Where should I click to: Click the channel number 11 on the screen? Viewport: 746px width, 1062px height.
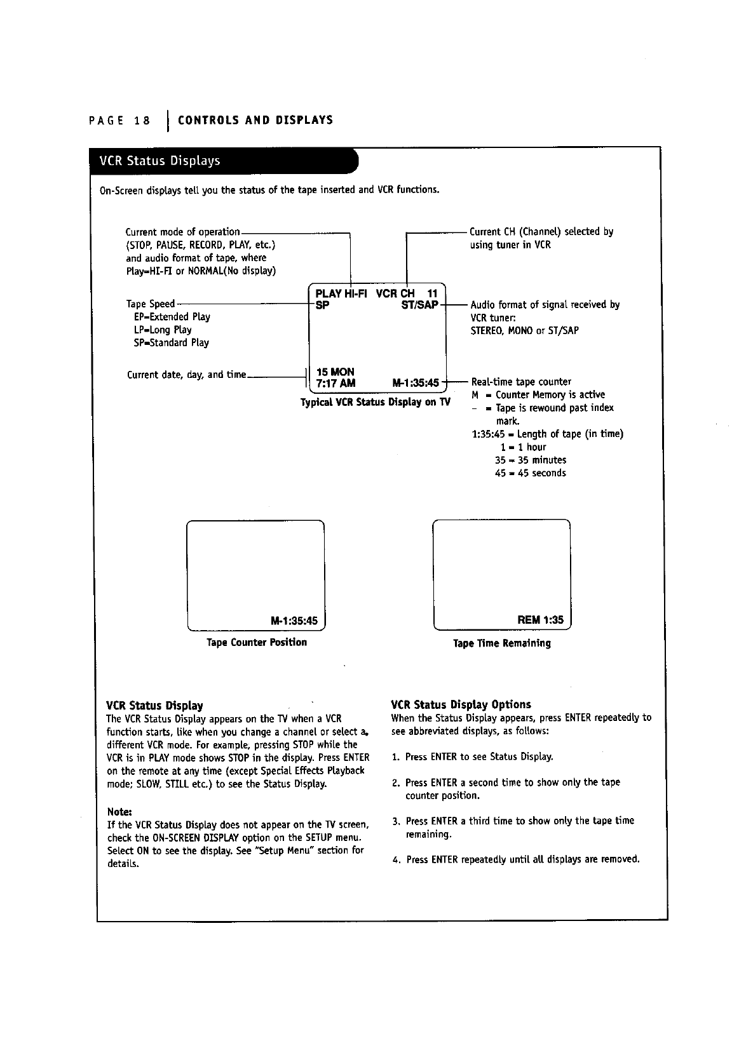(x=433, y=293)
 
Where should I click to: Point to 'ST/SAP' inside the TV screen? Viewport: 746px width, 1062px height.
(x=420, y=305)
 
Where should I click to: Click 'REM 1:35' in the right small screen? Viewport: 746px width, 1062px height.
(x=541, y=620)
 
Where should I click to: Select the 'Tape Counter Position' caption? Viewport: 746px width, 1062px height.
(x=257, y=642)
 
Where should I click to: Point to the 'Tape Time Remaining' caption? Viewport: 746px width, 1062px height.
(x=502, y=643)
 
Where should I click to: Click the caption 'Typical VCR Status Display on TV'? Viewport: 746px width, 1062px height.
(x=375, y=402)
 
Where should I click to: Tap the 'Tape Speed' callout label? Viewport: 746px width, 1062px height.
(x=150, y=304)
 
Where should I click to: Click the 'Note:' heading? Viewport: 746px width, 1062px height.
(x=119, y=812)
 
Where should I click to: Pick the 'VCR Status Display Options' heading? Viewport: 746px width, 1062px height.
(x=461, y=704)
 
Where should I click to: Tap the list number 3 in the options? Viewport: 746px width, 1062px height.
(x=396, y=821)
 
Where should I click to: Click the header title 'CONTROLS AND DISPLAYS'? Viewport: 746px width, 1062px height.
(x=255, y=120)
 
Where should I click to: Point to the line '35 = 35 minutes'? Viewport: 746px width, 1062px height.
(x=531, y=460)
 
